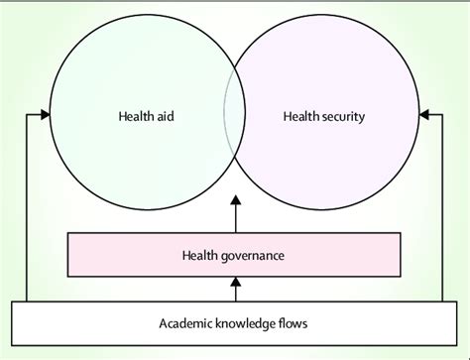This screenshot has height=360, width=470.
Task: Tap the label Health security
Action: click(x=324, y=116)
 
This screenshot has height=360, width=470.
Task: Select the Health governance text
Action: click(x=233, y=255)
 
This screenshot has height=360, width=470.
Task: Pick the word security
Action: click(x=343, y=116)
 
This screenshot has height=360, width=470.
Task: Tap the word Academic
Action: click(x=184, y=322)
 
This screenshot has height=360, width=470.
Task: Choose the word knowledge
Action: click(x=241, y=322)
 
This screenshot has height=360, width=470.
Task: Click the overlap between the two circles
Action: click(x=235, y=116)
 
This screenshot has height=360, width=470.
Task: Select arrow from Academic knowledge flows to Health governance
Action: click(x=236, y=289)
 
